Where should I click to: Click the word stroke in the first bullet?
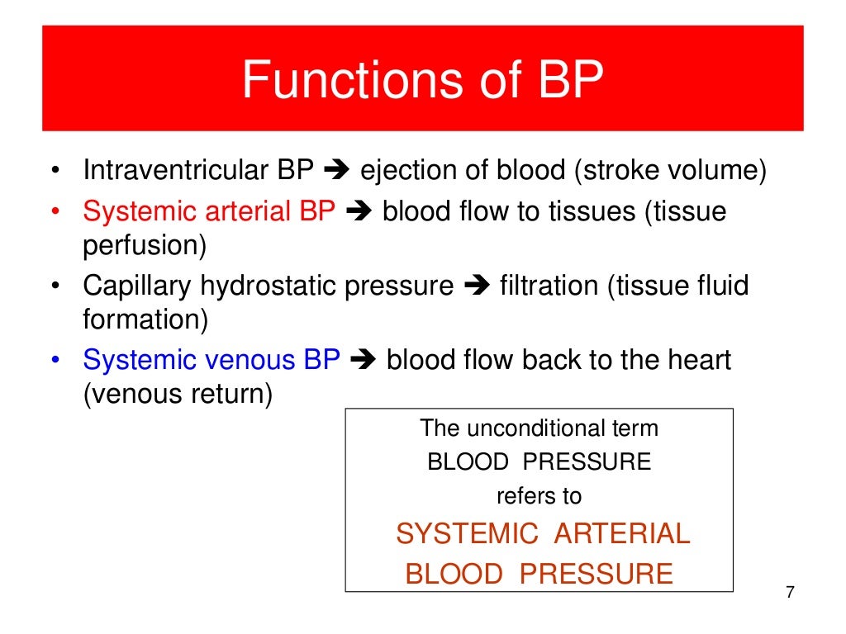[612, 171]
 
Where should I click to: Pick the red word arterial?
[250, 212]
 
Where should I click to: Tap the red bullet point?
[55, 212]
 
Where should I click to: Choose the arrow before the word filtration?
[477, 287]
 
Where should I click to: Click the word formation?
[145, 319]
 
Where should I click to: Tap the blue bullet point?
[55, 361]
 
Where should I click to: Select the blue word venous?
[250, 361]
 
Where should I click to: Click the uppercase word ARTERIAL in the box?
[621, 534]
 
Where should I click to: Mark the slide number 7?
[790, 594]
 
